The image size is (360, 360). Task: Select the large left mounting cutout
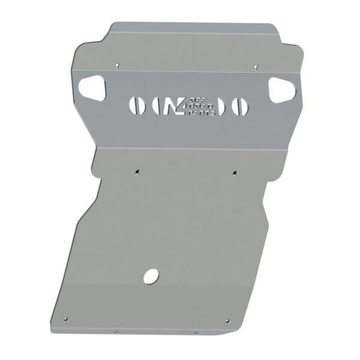[x=95, y=89]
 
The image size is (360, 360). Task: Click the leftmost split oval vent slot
[x=137, y=106]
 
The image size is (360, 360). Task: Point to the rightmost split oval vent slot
[x=239, y=106]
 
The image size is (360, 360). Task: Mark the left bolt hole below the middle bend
[x=137, y=170]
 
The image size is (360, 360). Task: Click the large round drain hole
[x=151, y=276]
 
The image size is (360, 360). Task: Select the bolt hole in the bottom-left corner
[x=67, y=319]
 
